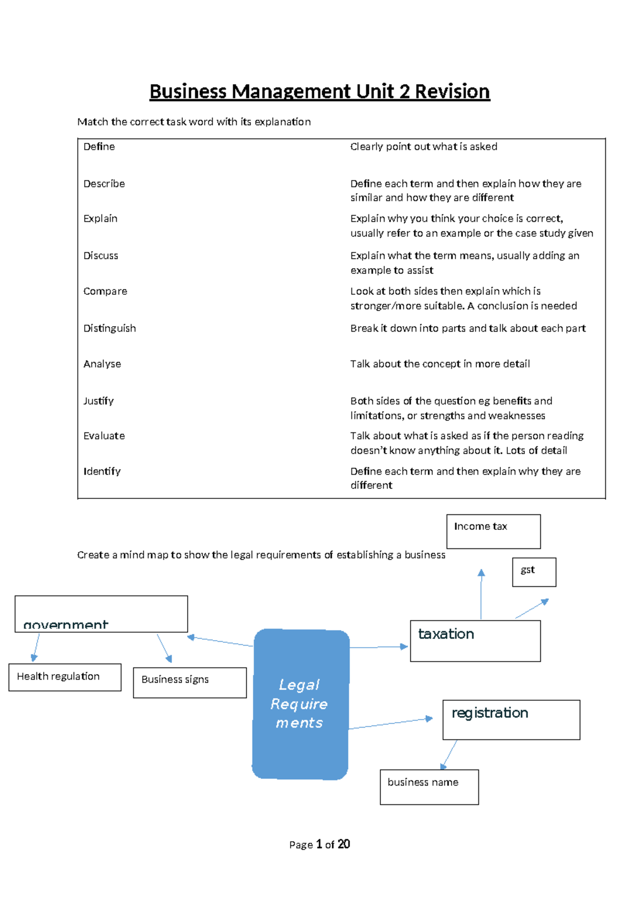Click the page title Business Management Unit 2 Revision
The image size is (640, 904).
(319, 92)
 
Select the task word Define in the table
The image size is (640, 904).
(99, 147)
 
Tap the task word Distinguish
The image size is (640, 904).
(109, 328)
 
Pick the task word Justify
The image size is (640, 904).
(99, 401)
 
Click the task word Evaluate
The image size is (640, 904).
(104, 436)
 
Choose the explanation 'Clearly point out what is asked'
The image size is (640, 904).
(423, 147)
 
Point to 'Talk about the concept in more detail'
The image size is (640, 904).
(440, 364)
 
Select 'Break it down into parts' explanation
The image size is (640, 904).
(468, 328)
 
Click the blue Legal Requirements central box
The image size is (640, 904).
(300, 704)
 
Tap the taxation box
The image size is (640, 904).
(475, 641)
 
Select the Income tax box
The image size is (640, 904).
(493, 531)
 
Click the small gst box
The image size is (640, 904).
(534, 572)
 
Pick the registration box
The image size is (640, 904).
(511, 720)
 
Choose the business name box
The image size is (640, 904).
(429, 787)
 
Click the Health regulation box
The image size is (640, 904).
(65, 677)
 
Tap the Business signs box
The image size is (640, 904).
(189, 682)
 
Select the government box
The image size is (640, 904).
(101, 614)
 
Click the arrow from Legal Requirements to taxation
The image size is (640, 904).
(379, 647)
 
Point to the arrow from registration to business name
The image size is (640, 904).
(450, 754)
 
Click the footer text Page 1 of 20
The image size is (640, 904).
(319, 844)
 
